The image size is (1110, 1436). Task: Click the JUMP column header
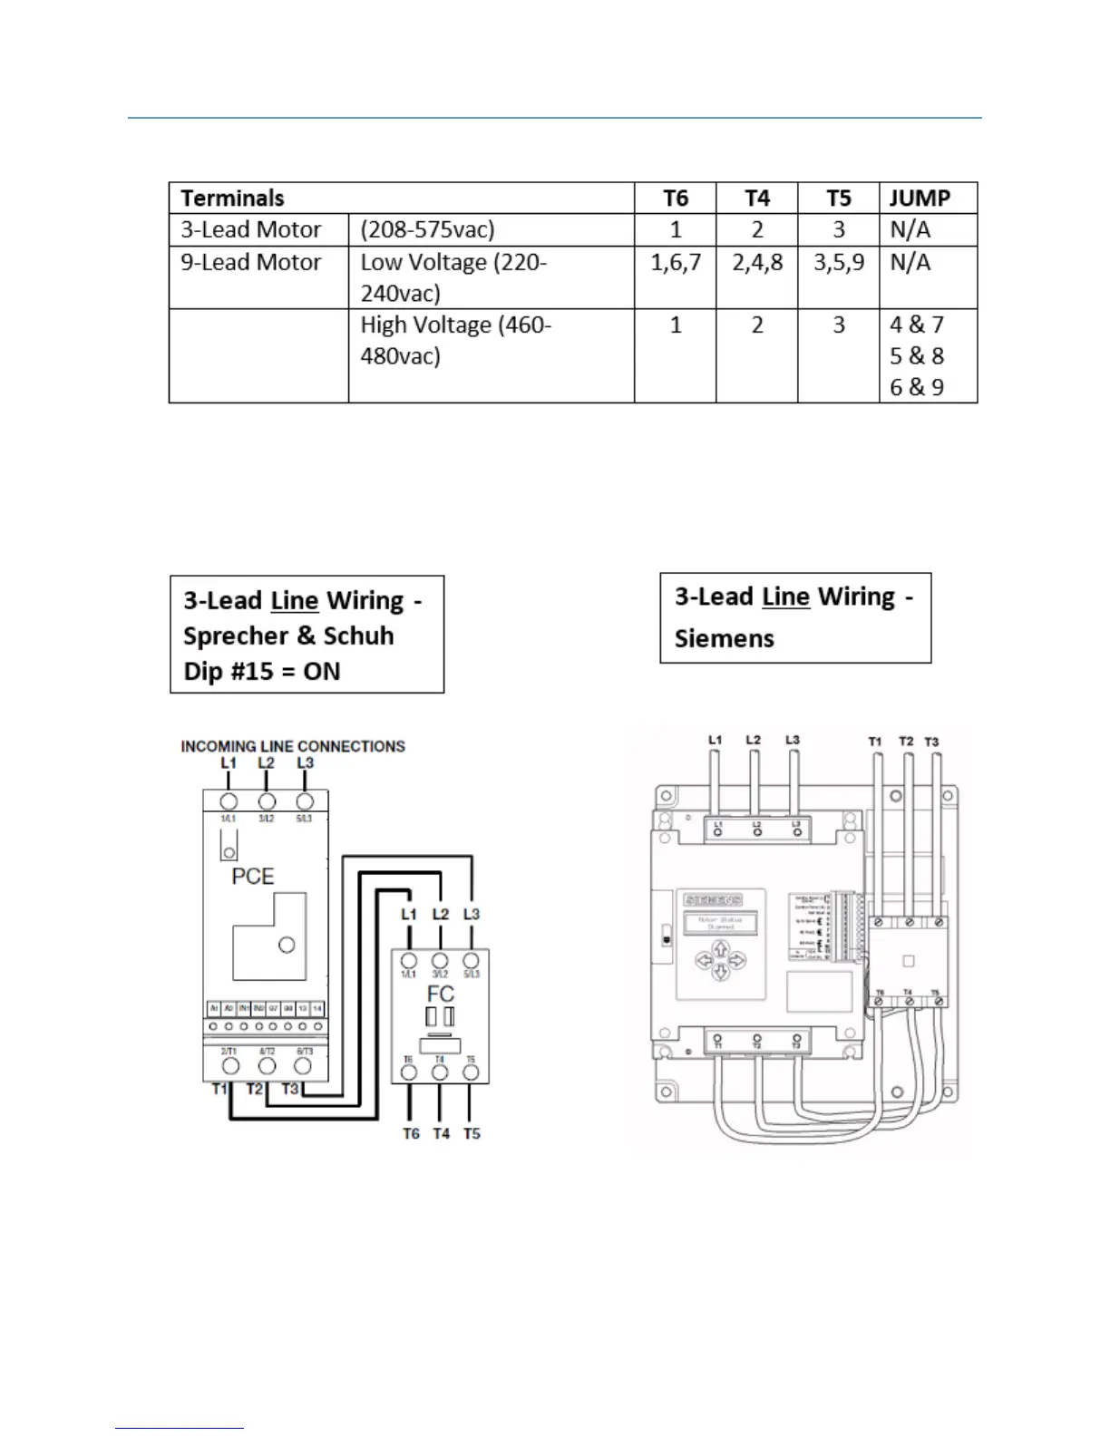920,199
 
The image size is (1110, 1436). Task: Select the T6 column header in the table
676,199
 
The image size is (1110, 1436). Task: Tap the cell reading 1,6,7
676,263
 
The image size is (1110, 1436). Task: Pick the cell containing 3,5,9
839,263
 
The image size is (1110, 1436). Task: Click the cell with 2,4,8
757,263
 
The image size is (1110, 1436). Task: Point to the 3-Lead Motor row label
251,230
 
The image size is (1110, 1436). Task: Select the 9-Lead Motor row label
251,263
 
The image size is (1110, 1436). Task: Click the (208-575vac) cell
427,230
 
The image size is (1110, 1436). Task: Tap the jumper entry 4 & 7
917,325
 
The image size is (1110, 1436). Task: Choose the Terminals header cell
233,199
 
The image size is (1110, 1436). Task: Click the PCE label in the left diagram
253,877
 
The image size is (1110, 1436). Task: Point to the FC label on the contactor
440,995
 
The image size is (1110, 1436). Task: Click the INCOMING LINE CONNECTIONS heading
293,746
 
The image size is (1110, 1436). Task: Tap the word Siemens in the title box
725,638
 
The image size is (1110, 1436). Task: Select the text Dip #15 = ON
262,672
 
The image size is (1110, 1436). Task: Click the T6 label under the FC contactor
412,1133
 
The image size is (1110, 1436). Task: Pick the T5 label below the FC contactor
472,1133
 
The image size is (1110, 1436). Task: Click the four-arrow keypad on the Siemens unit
721,960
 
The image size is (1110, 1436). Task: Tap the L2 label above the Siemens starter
754,740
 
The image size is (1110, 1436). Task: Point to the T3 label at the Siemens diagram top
931,742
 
